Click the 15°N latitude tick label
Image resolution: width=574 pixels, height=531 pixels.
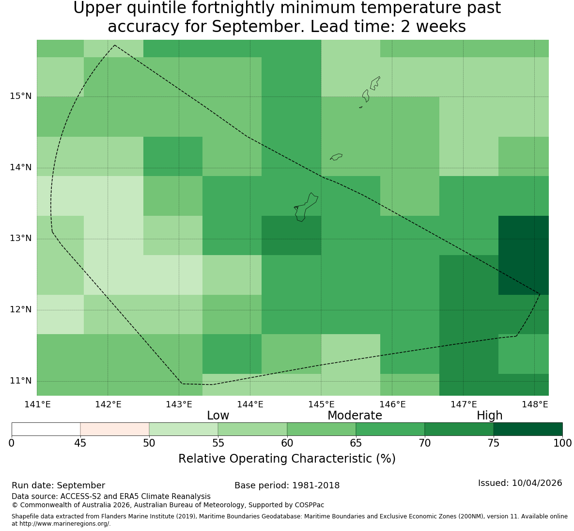[x=20, y=97]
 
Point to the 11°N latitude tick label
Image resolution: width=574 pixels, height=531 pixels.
[x=20, y=381]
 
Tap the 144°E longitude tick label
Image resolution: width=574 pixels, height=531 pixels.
[x=250, y=404]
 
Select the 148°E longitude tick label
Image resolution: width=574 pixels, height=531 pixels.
[x=535, y=404]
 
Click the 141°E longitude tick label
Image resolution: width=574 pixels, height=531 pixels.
[x=37, y=404]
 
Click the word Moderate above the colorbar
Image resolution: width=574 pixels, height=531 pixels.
[x=355, y=416]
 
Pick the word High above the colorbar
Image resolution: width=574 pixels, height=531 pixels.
[x=489, y=416]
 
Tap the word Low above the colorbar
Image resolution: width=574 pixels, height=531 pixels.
[x=218, y=416]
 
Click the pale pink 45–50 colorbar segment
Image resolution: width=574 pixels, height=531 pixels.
[x=115, y=429]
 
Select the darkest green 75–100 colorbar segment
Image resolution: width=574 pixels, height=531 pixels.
[x=528, y=429]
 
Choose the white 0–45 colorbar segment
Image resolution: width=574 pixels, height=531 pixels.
[x=46, y=429]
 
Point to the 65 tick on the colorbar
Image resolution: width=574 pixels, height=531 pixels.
[x=356, y=443]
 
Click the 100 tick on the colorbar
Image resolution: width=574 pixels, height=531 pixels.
[x=563, y=443]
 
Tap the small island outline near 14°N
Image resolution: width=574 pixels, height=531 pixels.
[x=336, y=157]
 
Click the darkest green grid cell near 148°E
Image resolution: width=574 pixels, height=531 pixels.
[x=524, y=255]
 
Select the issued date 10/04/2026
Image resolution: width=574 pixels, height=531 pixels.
[x=537, y=483]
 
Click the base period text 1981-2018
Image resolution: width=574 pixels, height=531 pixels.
[x=315, y=485]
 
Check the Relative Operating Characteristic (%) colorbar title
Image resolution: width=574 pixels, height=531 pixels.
[x=287, y=459]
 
